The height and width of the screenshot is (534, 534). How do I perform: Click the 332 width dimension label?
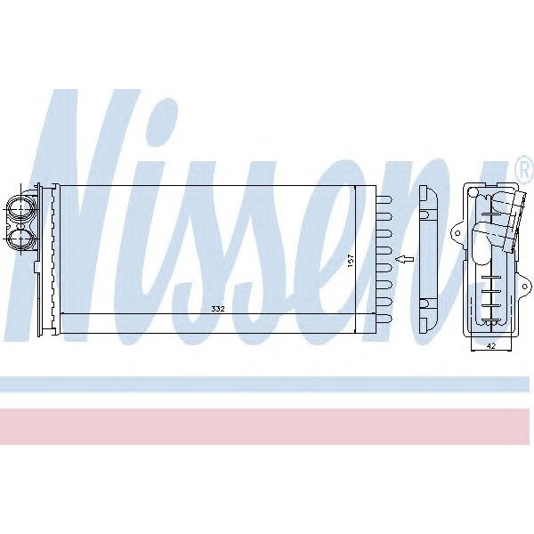pos(218,309)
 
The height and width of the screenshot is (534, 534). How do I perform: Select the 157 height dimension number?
pos(352,261)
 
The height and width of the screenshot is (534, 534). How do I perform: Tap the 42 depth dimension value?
pos(491,346)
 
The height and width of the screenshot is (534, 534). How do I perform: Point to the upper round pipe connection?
pos(20,207)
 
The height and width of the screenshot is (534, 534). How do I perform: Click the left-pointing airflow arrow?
pos(404,260)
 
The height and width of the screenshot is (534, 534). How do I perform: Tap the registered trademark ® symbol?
pos(525,170)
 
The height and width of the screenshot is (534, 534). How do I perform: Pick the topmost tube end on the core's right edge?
pos(384,200)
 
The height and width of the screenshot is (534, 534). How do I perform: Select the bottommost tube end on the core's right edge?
pos(384,319)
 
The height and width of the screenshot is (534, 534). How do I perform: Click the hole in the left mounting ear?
pos(457,233)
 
